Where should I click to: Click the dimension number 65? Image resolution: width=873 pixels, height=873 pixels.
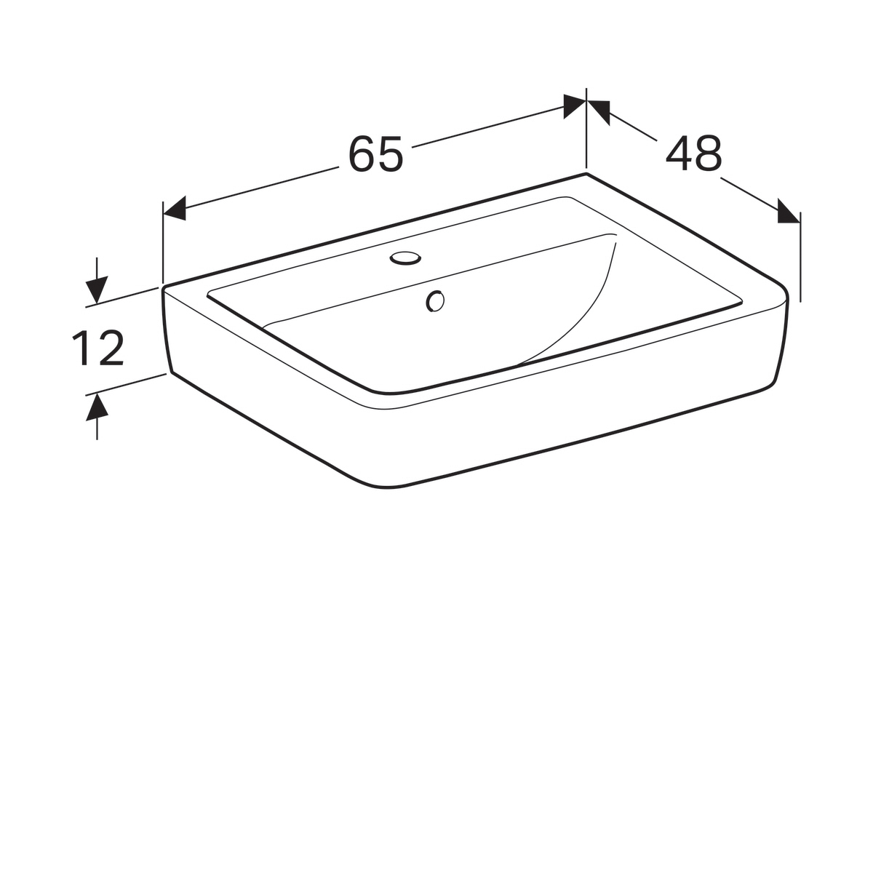tap(376, 154)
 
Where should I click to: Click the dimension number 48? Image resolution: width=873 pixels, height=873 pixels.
tap(693, 154)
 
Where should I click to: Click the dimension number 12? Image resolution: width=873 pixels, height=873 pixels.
tap(98, 348)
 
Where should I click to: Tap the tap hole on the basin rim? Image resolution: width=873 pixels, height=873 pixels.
tap(405, 258)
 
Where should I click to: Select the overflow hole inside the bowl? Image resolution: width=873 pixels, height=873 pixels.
tap(435, 301)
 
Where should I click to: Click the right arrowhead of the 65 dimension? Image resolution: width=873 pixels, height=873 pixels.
tap(575, 106)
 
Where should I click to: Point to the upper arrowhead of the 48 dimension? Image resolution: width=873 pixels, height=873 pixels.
tap(599, 111)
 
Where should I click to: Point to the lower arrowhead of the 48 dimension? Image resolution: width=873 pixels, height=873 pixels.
tap(789, 211)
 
